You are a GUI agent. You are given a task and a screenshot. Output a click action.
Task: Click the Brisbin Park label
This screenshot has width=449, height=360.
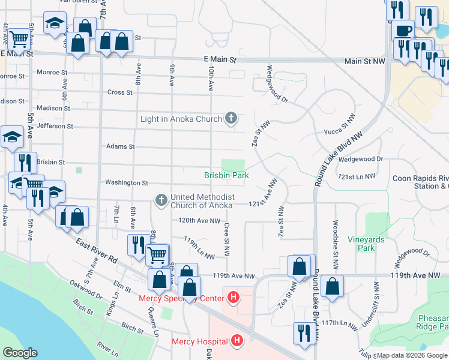(x=226, y=175)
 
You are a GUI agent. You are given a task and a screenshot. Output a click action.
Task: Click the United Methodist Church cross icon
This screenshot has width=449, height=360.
(x=160, y=199)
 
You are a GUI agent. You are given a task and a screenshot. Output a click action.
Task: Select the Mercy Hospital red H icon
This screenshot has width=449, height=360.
(x=237, y=341)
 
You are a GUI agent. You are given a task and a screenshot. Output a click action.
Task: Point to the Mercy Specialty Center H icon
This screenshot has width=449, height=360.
(x=233, y=297)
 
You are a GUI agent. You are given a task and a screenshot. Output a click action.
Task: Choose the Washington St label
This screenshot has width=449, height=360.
(x=126, y=182)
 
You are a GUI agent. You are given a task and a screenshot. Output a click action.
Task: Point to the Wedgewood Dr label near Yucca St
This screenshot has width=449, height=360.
(x=360, y=159)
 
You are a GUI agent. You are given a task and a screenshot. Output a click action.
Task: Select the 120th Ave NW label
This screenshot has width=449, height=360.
(x=199, y=220)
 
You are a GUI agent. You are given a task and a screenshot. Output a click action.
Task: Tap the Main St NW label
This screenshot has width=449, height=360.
(x=364, y=61)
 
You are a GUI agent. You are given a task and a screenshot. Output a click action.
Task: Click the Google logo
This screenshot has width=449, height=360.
(x=20, y=353)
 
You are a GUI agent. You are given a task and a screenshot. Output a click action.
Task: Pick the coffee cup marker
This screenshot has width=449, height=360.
(x=403, y=30)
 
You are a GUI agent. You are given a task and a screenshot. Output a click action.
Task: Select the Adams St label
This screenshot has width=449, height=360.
(x=120, y=146)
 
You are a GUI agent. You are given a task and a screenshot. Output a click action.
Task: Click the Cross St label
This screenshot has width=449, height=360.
(x=119, y=92)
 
